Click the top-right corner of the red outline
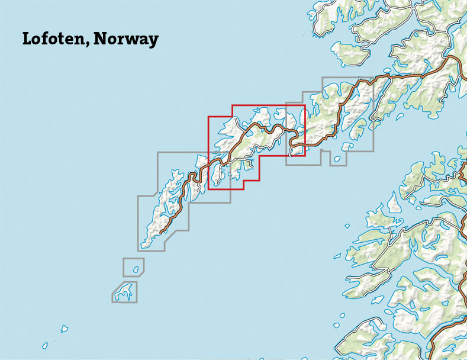tap(304, 105)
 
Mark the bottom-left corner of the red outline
tap(208, 189)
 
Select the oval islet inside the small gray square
tap(136, 269)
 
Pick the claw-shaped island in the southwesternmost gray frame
tap(125, 291)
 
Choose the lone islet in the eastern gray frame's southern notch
tap(337, 159)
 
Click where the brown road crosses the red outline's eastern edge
tap(304, 142)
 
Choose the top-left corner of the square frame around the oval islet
tap(123, 258)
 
